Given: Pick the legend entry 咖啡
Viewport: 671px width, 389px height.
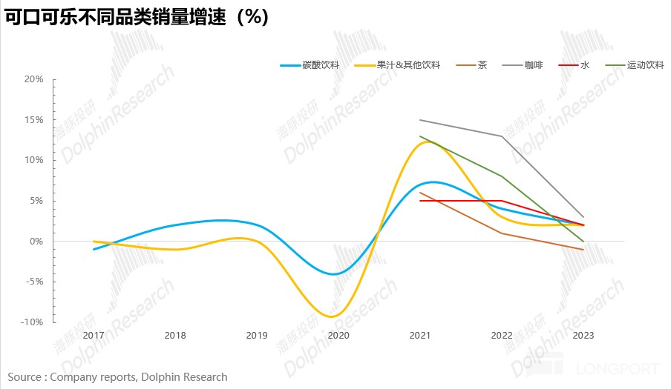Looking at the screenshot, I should coord(533,65).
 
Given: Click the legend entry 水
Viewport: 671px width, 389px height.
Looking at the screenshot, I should coord(585,65).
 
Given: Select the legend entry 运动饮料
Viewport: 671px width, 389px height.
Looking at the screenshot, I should coord(645,65).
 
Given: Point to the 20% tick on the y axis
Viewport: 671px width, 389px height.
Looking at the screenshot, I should coord(34,79).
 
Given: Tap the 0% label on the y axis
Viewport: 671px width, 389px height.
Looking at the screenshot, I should coord(37,242).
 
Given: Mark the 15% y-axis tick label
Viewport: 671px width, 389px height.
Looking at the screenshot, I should coord(34,120).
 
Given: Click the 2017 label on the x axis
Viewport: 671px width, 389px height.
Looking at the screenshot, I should coord(94,336).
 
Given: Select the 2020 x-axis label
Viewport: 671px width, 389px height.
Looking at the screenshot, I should coord(338,336).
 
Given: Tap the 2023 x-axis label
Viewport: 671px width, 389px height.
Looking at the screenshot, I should coord(583,336).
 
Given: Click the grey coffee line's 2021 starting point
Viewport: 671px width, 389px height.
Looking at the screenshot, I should coord(420,120).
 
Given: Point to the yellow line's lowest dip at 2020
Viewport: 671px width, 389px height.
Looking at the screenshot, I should coord(332,316).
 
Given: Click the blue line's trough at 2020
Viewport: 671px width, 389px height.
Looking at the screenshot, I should coord(335,274).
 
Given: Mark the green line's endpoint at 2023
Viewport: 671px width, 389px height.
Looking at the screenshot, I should coord(583,242).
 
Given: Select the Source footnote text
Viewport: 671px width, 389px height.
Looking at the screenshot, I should coord(117,377).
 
